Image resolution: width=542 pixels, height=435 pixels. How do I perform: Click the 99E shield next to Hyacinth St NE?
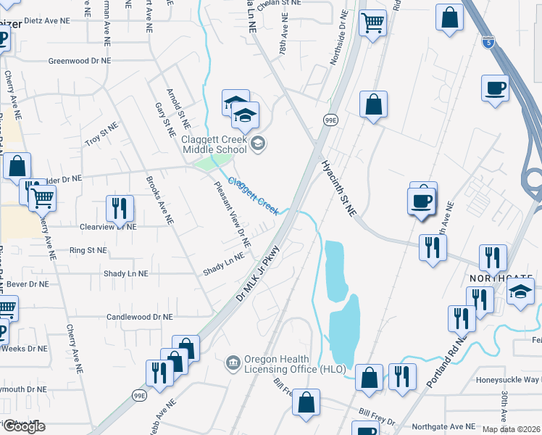330,120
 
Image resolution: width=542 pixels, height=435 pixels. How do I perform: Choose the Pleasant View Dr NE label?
232,214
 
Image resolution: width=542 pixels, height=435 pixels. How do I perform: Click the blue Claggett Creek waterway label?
254,195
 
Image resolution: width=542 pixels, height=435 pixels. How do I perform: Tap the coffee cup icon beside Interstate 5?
496,88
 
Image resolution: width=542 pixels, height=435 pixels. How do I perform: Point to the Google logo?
23,426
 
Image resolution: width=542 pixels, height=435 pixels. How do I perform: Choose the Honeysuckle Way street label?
508,380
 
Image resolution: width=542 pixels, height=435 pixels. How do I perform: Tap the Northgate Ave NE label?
443,427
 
